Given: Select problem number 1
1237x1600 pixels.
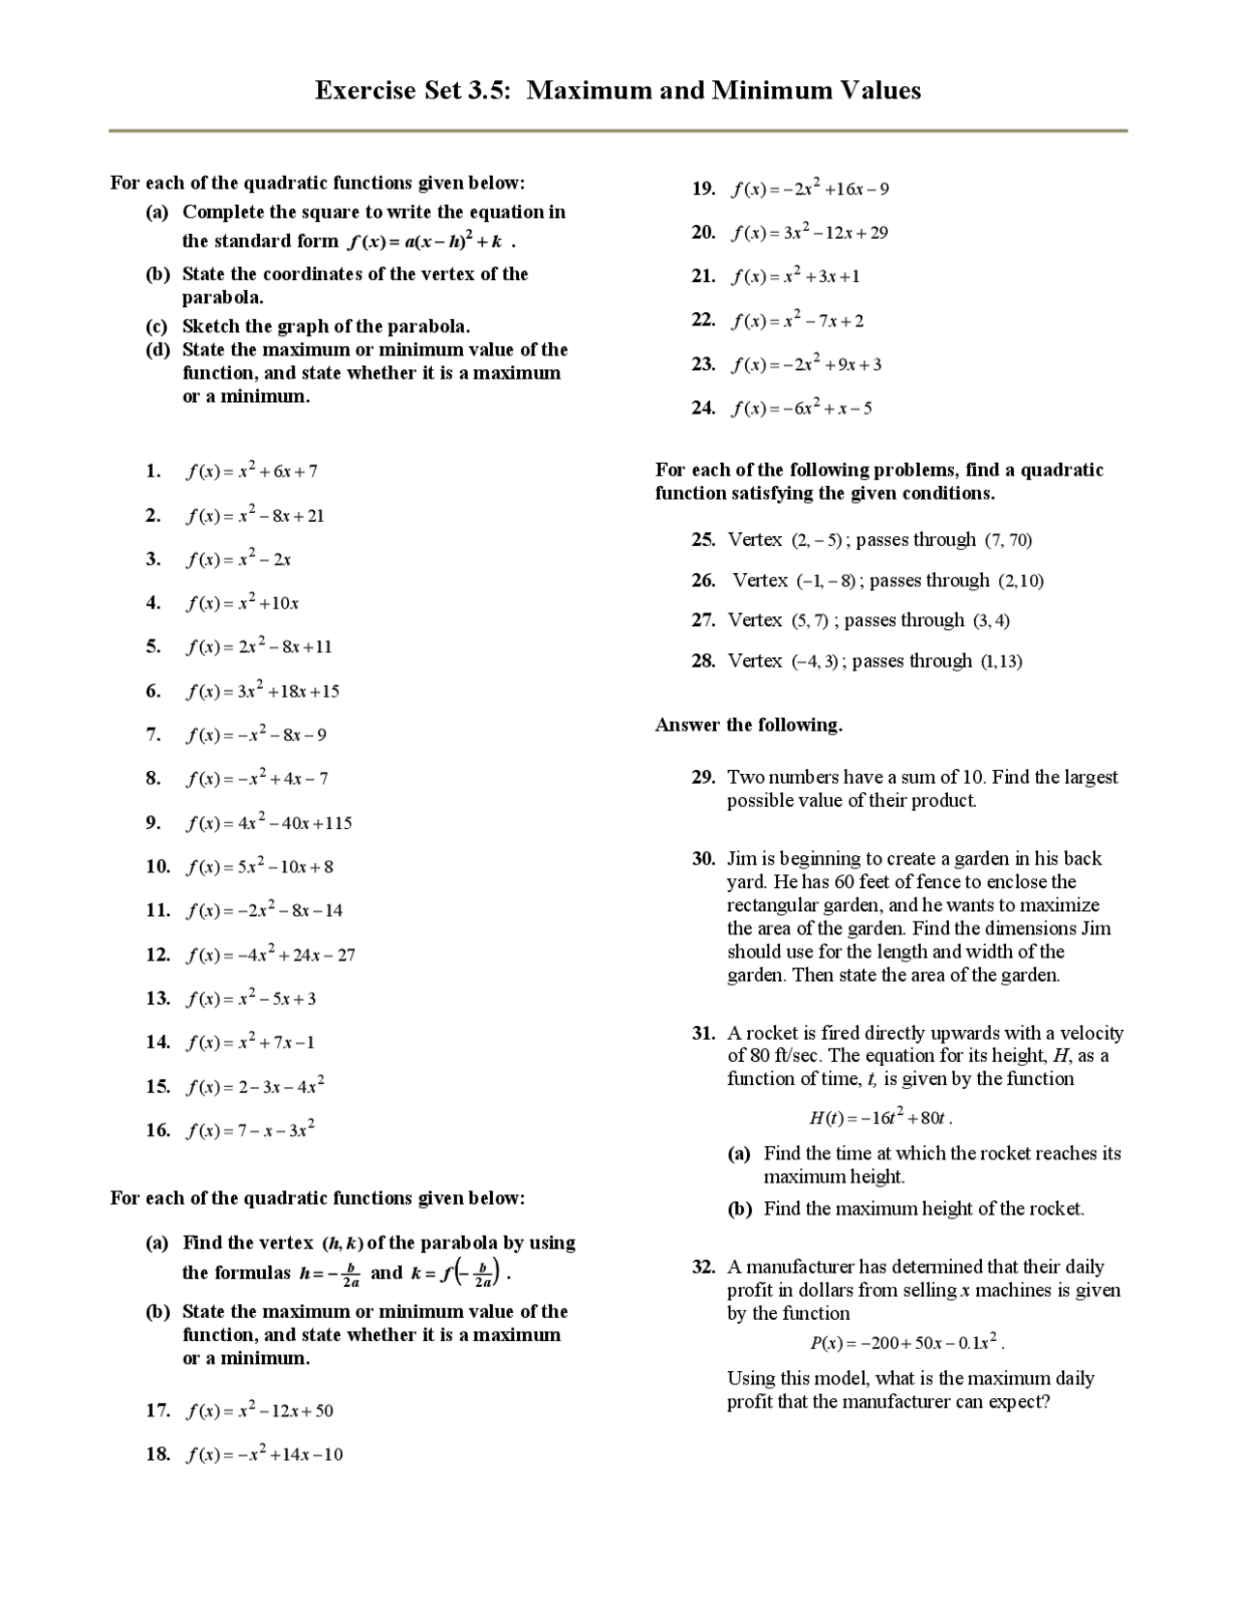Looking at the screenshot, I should pos(153,471).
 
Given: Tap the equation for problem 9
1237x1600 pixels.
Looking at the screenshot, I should pos(269,823).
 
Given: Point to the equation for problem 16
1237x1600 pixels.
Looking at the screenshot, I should pos(250,1129).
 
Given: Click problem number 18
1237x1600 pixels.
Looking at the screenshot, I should pos(158,1454).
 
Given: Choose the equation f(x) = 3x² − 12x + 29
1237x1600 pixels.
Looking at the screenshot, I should pos(810,233).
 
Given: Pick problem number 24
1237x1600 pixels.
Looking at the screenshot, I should pos(703,408).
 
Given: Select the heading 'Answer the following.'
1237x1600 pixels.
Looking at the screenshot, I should pos(748,726).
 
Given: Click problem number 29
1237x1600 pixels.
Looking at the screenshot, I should pos(703,778).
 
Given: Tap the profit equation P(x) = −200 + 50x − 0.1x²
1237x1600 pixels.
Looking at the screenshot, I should pos(906,1343).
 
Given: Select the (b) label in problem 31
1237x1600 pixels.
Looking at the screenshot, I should pos(739,1209).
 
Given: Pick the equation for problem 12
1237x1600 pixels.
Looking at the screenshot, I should pos(271,955).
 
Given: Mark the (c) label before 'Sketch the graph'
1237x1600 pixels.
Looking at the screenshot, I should pos(157,327).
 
